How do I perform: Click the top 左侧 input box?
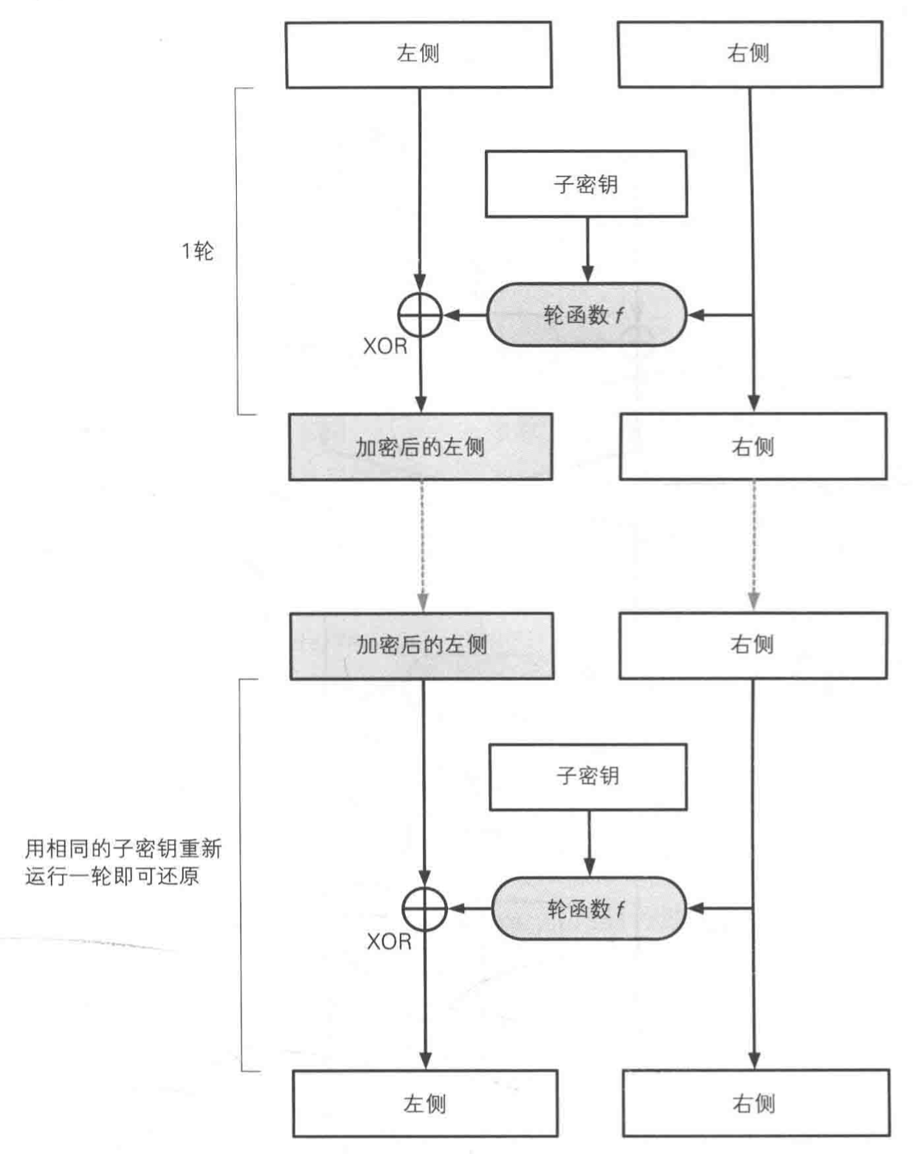click(418, 55)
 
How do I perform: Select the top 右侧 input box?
click(750, 55)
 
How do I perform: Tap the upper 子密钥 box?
click(586, 184)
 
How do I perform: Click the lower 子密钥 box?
click(588, 776)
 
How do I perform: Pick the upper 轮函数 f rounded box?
click(586, 315)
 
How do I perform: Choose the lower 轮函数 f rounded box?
click(588, 908)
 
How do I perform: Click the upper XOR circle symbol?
click(420, 315)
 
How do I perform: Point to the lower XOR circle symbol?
click(424, 908)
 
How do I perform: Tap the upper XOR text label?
click(384, 346)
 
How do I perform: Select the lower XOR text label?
click(389, 941)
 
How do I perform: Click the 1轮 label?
click(197, 252)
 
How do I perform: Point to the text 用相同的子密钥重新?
click(123, 849)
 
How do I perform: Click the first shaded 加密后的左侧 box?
click(420, 447)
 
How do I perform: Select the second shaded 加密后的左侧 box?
click(421, 646)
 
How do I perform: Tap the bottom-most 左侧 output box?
click(425, 1104)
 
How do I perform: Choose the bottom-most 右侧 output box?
click(755, 1104)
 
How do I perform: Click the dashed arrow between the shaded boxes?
click(422, 546)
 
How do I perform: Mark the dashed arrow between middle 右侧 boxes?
click(753, 546)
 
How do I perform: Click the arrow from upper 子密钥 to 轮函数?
click(587, 249)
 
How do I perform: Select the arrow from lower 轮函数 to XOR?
click(469, 908)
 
